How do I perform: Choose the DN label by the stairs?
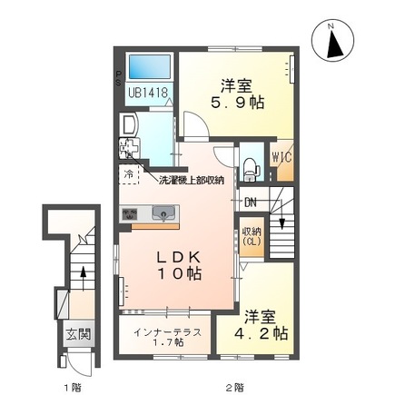252,202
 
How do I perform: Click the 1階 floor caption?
71,388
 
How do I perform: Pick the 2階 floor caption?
234,388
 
